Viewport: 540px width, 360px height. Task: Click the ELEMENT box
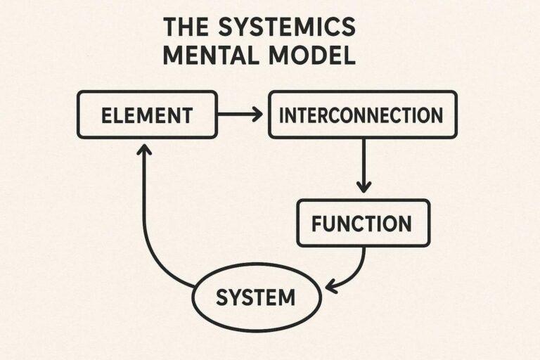[146, 115]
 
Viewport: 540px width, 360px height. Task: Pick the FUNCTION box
[361, 224]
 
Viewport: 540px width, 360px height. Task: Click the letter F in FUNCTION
[316, 224]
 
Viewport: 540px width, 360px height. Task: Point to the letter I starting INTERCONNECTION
[282, 115]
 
